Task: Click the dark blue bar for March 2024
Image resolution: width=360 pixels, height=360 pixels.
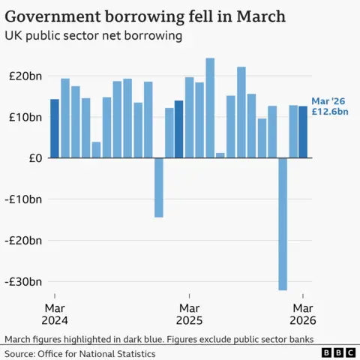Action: tap(55, 128)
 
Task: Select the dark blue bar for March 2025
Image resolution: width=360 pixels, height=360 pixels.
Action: tap(178, 129)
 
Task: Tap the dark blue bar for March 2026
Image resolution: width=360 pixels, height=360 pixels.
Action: tap(303, 132)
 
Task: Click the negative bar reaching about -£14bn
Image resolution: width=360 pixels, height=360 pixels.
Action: tap(158, 187)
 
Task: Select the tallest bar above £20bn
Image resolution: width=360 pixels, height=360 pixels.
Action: tap(210, 108)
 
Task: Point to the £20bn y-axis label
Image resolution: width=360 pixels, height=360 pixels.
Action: tap(25, 76)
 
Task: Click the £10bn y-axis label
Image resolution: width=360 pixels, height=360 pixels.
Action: tap(25, 117)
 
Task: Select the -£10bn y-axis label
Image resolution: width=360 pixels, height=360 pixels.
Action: tap(23, 199)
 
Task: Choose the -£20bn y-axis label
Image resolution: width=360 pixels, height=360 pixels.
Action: tap(23, 241)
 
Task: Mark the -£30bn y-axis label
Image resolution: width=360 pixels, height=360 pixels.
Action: tap(23, 282)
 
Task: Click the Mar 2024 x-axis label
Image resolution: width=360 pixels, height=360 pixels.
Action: tap(55, 314)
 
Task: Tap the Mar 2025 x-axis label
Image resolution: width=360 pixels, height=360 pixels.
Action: tap(189, 314)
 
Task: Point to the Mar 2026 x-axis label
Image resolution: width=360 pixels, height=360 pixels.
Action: tap(302, 314)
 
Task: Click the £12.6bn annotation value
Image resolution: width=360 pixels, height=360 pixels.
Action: tap(331, 113)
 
